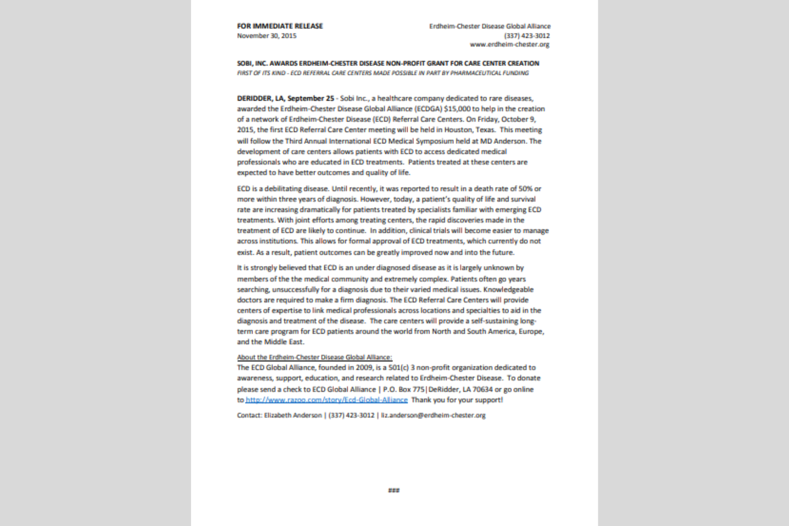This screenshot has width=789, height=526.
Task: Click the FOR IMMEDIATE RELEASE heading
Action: tap(280, 26)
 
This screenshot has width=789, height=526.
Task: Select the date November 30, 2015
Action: tap(267, 36)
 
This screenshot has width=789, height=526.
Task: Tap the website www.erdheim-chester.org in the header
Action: tap(509, 44)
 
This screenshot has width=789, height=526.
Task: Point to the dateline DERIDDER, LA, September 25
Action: tap(285, 98)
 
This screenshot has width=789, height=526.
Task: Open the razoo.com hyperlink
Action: tap(327, 400)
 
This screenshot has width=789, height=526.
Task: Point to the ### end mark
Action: tap(394, 490)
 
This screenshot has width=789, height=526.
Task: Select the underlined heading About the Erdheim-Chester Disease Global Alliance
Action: tap(314, 357)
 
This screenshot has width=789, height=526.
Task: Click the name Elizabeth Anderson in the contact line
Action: tap(293, 415)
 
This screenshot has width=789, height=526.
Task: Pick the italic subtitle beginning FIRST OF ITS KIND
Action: tap(383, 73)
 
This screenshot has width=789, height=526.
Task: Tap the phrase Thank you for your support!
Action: tap(457, 400)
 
